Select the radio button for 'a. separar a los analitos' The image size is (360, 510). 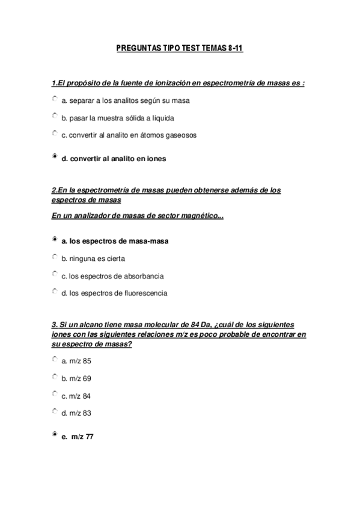[x=55, y=99]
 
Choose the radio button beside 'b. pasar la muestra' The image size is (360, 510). [x=55, y=116]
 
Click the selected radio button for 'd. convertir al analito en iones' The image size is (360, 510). [x=55, y=157]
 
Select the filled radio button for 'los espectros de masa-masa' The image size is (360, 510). [x=55, y=239]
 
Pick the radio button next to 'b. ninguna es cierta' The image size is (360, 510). [x=55, y=256]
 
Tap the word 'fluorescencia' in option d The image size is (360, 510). [x=146, y=294]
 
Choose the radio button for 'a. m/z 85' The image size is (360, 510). [x=55, y=359]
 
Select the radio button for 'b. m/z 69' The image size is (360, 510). [x=55, y=376]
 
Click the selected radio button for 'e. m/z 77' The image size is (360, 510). [x=55, y=434]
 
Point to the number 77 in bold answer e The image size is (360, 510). [x=90, y=437]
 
